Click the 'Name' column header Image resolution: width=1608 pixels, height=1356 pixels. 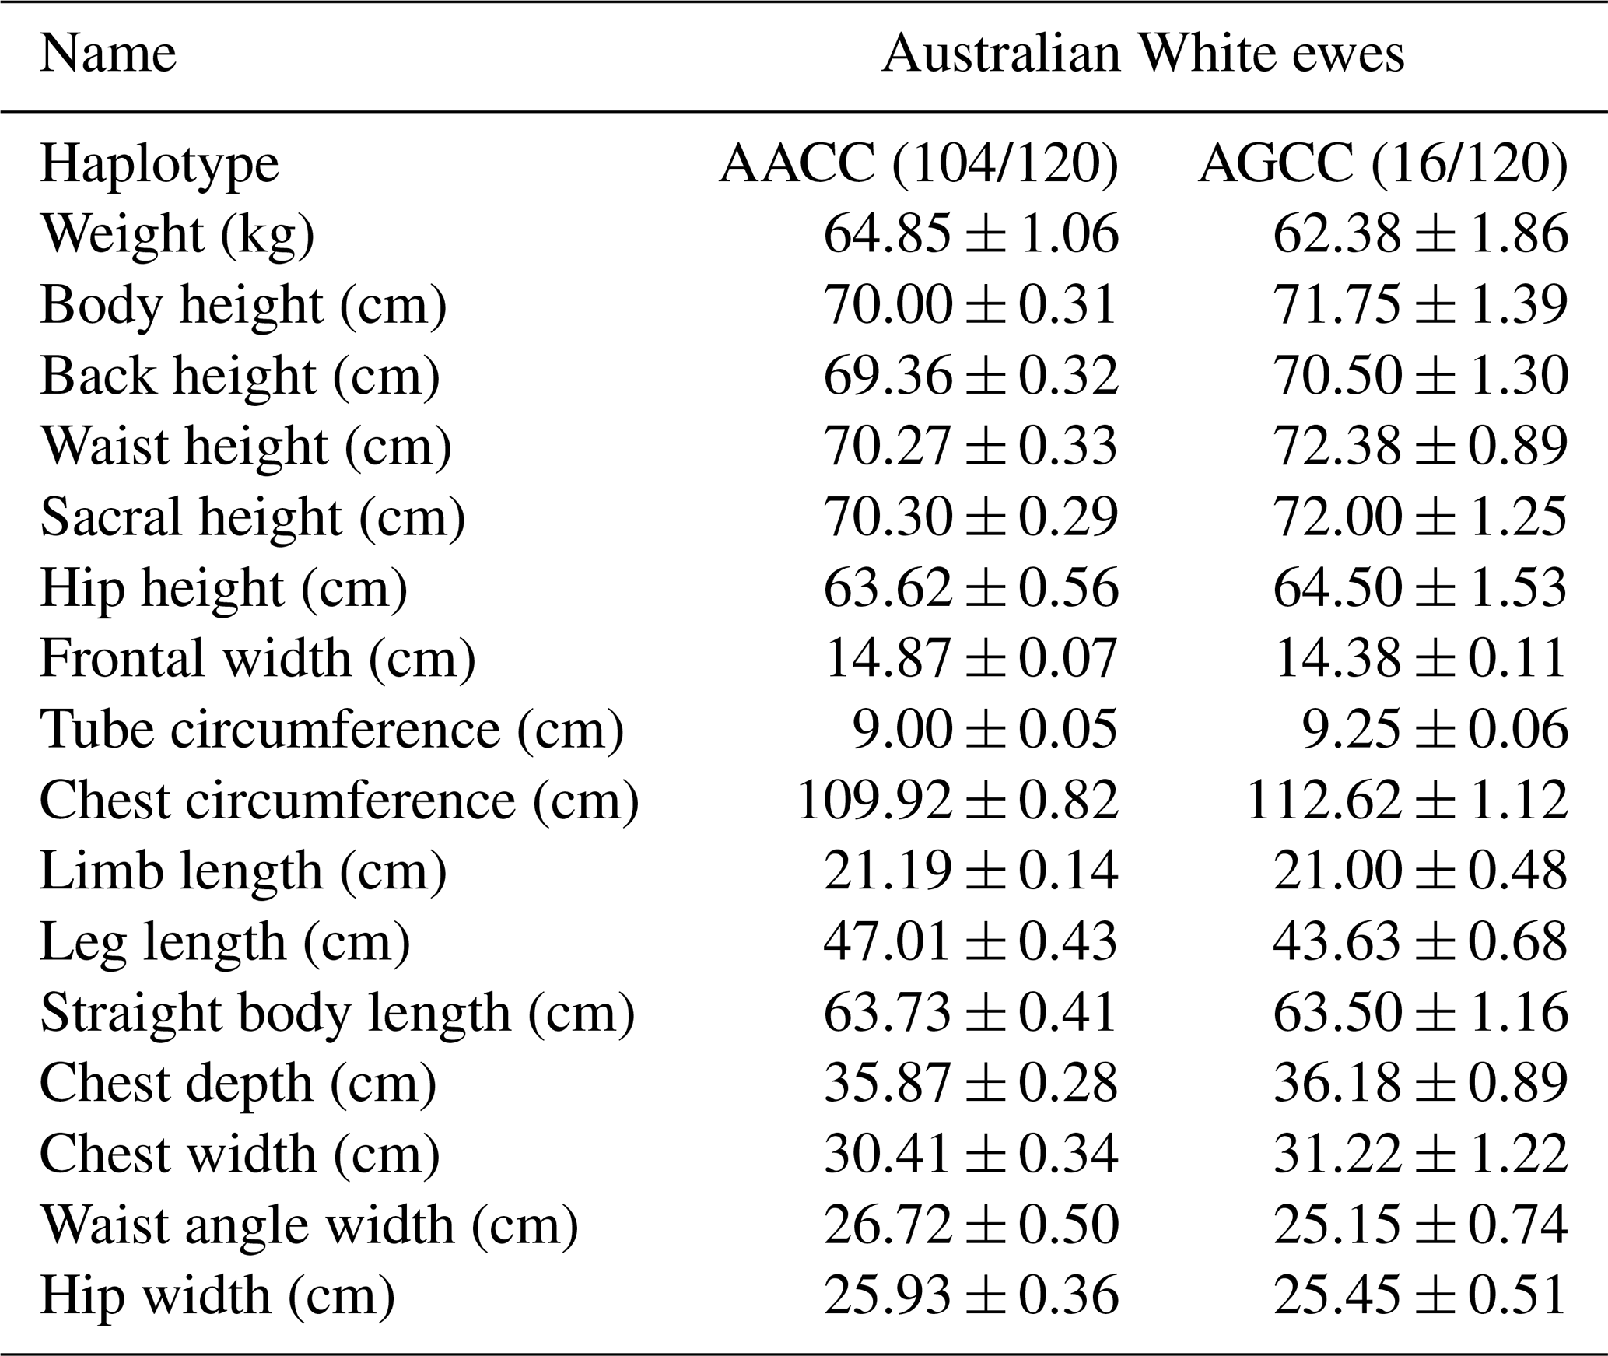(108, 54)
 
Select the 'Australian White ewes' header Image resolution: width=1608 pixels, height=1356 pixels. (1143, 54)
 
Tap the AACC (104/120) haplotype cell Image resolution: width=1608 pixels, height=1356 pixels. (918, 165)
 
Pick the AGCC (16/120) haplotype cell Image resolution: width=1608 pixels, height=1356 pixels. (1382, 165)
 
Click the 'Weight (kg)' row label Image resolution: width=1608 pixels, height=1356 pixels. (177, 234)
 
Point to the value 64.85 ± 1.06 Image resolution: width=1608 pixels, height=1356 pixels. (970, 234)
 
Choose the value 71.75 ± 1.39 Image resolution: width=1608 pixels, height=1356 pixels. (1420, 304)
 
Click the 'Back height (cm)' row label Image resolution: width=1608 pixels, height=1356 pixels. (240, 376)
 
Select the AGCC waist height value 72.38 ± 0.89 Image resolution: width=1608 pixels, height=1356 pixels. (1420, 447)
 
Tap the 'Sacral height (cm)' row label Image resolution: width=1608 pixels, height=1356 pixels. (253, 517)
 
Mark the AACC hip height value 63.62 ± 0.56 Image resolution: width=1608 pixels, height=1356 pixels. (970, 587)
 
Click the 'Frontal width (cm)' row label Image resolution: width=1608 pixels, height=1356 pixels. (257, 658)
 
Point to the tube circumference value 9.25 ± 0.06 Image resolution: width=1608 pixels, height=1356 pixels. (1435, 729)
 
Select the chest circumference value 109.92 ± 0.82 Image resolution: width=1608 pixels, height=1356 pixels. (958, 800)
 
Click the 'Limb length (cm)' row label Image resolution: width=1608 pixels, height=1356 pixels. (243, 871)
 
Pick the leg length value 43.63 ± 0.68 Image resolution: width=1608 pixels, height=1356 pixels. (1420, 941)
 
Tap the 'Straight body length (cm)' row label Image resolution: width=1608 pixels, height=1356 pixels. (338, 1012)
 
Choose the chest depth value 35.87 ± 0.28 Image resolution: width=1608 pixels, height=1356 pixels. (970, 1083)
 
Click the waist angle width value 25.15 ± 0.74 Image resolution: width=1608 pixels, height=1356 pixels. (1420, 1225)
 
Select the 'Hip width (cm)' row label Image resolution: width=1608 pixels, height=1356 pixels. (218, 1295)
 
